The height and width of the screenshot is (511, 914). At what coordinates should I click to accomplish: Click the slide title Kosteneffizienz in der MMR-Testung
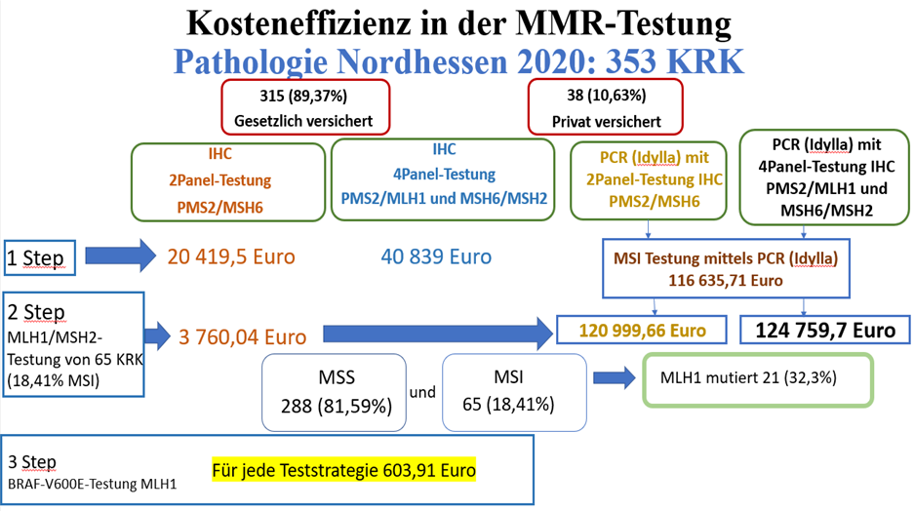pos(457,21)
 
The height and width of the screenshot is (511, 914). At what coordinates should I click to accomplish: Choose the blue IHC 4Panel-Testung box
pos(443,178)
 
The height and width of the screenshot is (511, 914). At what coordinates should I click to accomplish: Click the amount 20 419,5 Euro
pos(231,256)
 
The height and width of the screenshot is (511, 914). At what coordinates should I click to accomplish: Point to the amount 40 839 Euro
pos(435,256)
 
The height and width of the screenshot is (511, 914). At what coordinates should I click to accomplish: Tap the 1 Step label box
pos(35,259)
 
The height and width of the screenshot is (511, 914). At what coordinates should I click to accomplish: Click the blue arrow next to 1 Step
pos(119,256)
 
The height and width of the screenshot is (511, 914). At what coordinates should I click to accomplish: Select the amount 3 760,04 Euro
pos(242,336)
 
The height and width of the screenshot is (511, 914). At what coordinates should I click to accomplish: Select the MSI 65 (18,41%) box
pos(515,391)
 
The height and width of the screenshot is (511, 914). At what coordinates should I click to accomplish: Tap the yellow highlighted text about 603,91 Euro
pos(343,470)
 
